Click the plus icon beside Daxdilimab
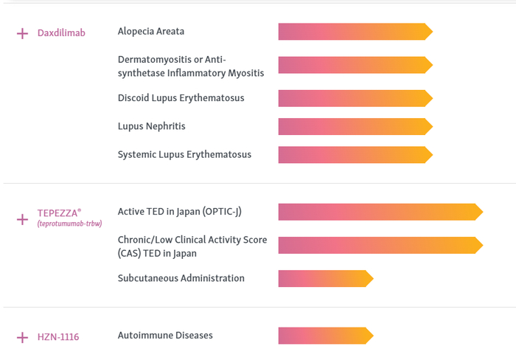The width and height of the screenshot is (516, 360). (x=22, y=33)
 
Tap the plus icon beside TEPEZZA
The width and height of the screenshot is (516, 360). (x=22, y=219)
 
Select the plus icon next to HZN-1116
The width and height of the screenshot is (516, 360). (x=22, y=337)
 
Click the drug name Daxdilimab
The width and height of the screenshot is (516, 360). (x=61, y=32)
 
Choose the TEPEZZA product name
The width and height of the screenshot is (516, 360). (x=59, y=212)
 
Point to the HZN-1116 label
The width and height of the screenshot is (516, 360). (x=58, y=336)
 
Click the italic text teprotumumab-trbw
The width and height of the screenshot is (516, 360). (x=69, y=224)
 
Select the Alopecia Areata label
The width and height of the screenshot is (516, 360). (x=151, y=31)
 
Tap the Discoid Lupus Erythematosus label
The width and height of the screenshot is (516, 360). (x=181, y=98)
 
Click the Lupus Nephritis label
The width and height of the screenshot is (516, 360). (x=152, y=126)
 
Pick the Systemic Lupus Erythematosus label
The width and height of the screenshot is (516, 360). (x=184, y=154)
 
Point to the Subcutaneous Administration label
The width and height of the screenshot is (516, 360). (x=181, y=278)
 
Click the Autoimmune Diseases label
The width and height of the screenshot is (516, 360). (x=165, y=336)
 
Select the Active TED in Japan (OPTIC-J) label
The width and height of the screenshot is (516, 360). (x=180, y=212)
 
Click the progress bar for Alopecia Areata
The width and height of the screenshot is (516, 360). (x=355, y=32)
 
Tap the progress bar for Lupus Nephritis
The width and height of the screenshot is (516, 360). (x=355, y=126)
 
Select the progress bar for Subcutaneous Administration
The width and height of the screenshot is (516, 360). (x=326, y=279)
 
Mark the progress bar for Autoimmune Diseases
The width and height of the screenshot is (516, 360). (x=326, y=336)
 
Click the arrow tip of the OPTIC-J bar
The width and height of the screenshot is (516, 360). (x=483, y=212)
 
